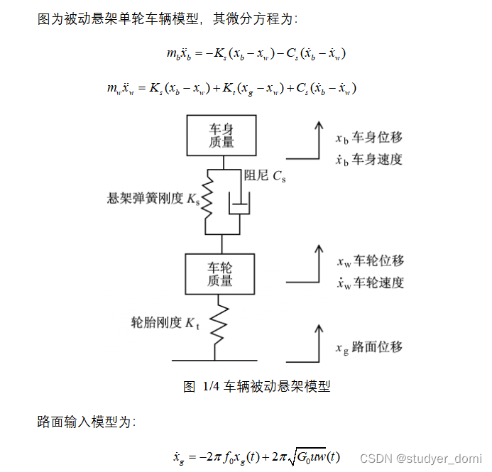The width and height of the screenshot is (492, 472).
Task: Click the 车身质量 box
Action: click(222, 136)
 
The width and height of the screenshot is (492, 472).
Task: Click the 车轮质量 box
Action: click(220, 273)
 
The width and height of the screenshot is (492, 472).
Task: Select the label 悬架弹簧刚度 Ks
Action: click(153, 199)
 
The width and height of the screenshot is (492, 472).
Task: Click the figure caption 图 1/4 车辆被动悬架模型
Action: click(256, 387)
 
